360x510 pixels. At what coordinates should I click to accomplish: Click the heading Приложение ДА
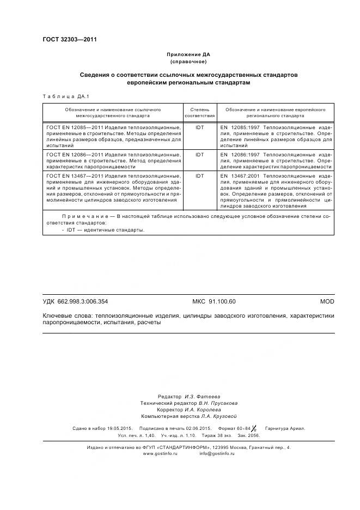point(188,55)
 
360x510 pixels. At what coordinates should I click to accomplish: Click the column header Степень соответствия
point(199,113)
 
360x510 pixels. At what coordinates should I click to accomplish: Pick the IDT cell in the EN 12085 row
point(199,127)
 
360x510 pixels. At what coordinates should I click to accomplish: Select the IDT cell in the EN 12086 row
point(199,155)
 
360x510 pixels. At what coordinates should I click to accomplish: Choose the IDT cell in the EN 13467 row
point(199,176)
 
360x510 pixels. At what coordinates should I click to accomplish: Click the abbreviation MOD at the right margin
point(327,301)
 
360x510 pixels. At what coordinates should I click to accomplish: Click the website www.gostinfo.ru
point(160,453)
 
